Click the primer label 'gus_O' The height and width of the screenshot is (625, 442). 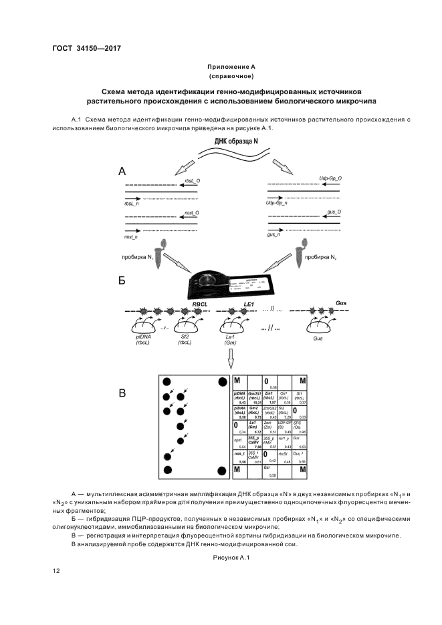pos(334,212)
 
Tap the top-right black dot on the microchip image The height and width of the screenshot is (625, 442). pos(223,383)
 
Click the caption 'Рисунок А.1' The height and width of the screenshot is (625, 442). pos(230,557)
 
